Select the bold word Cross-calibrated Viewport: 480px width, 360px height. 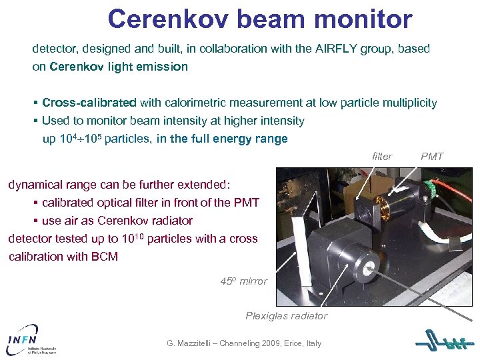[x=89, y=103]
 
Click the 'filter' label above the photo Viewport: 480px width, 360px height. [x=382, y=156]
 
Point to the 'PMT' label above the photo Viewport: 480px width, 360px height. [x=432, y=156]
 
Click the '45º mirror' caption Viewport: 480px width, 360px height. [x=243, y=281]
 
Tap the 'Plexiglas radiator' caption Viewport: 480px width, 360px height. [x=286, y=315]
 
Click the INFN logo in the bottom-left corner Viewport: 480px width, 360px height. [x=30, y=338]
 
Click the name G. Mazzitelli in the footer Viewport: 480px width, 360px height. [x=193, y=343]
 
